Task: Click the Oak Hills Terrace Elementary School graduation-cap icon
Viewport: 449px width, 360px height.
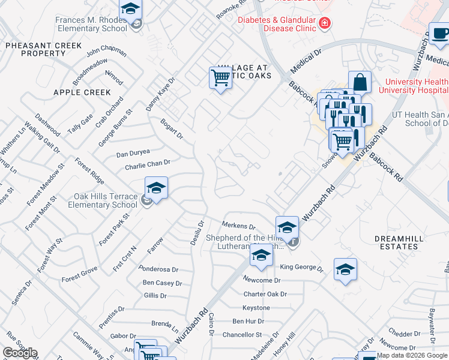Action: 156,189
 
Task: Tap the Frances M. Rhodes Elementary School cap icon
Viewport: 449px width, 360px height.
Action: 130,10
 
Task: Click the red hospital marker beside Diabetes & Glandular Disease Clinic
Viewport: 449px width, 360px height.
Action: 325,23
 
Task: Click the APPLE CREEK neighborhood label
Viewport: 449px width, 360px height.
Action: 82,92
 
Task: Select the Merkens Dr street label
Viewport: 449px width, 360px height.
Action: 239,227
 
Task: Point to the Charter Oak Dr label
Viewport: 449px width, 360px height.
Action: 265,294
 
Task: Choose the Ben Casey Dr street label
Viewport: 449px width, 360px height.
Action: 162,283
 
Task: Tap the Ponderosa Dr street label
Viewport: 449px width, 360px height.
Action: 158,269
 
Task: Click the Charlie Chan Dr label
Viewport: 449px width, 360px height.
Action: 148,163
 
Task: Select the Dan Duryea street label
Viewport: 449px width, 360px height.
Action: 133,153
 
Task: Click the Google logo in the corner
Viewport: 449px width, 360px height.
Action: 20,352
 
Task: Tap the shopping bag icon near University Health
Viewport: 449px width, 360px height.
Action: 360,82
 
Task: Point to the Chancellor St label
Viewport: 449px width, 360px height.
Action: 242,335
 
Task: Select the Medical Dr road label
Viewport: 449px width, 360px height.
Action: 306,60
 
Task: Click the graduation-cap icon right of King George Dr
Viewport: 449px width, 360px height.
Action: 345,269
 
